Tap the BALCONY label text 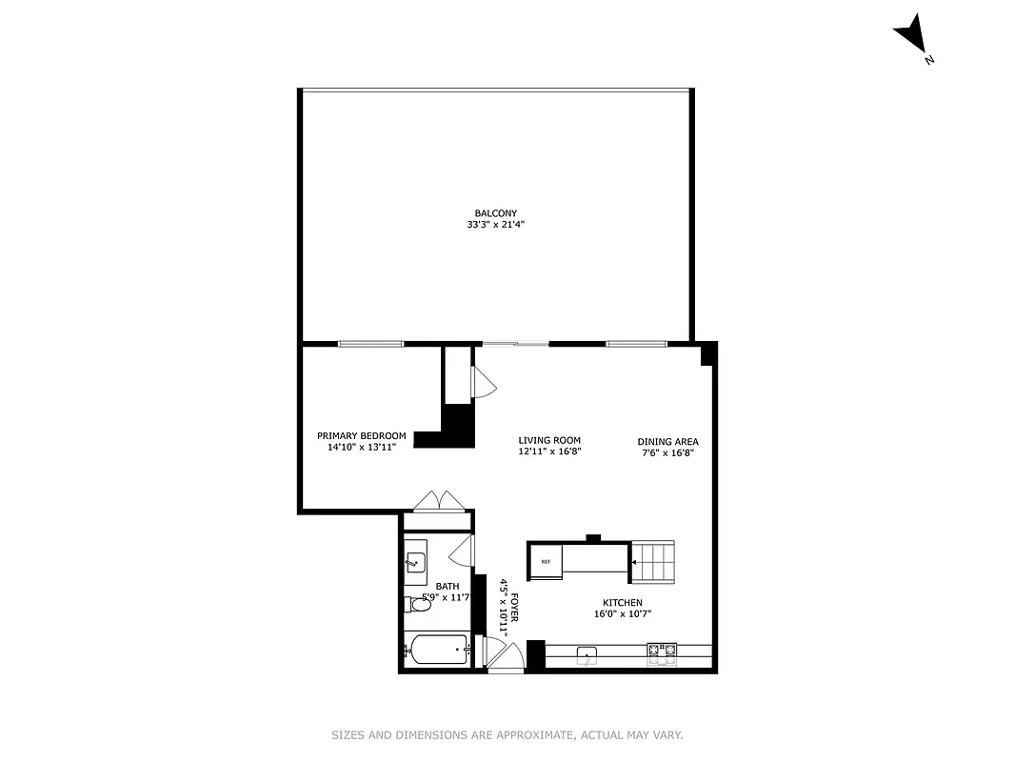point(489,213)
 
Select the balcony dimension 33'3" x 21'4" point(489,226)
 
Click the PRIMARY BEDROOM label point(361,435)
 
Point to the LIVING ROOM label point(549,441)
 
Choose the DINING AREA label point(667,442)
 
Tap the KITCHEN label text point(622,603)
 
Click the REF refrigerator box point(546,561)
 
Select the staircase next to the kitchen point(653,561)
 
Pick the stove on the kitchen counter point(662,652)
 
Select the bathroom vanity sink point(416,562)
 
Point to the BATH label point(447,587)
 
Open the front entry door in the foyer point(502,654)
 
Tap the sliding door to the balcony point(515,344)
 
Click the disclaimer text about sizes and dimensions point(507,734)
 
